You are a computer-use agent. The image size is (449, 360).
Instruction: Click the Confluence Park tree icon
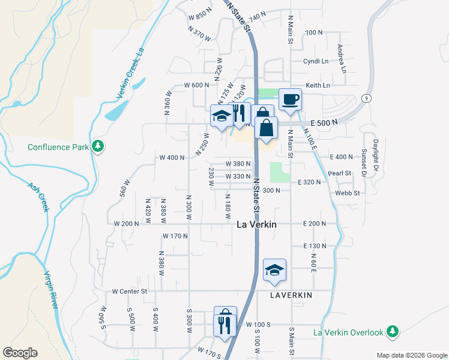tap(97, 146)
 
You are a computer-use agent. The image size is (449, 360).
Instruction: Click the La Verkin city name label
tap(256, 224)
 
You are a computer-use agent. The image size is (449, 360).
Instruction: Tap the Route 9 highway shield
tap(365, 98)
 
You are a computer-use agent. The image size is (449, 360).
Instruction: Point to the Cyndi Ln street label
tap(316, 61)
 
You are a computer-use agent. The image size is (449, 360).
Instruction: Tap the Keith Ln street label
tap(318, 86)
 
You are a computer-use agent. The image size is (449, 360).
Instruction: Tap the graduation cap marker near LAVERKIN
tap(274, 270)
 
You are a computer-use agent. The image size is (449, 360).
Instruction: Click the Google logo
tap(20, 353)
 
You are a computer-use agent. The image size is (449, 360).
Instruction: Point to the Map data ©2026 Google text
tap(411, 355)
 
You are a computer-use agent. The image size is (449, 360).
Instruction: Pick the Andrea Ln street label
tap(342, 58)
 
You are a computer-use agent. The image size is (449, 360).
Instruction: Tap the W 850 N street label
tap(200, 15)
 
